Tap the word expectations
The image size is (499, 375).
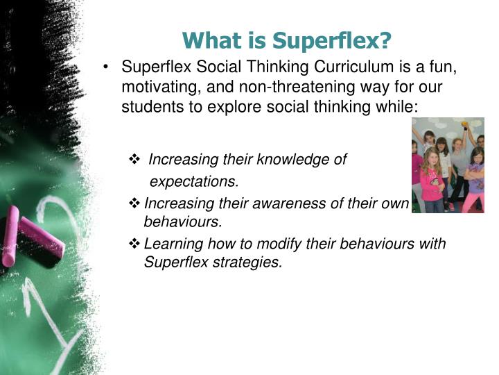[x=194, y=182]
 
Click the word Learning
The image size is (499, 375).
[x=170, y=244]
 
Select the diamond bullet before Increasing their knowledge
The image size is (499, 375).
[x=134, y=160]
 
